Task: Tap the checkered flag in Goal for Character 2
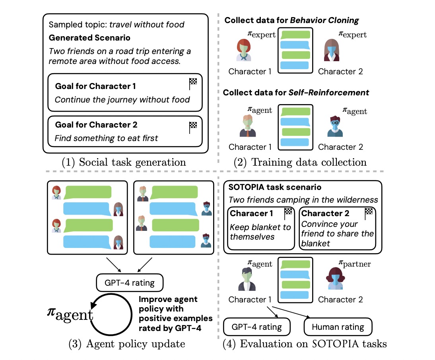pyautogui.click(x=193, y=127)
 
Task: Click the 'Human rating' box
pyautogui.click(x=338, y=327)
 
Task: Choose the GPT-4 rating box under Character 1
pyautogui.click(x=257, y=327)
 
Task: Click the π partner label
pyautogui.click(x=355, y=263)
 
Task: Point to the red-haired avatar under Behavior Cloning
pyautogui.click(x=243, y=50)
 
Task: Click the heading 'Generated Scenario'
pyautogui.click(x=89, y=39)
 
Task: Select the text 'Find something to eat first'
pyautogui.click(x=106, y=138)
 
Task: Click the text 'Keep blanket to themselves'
pyautogui.click(x=261, y=232)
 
